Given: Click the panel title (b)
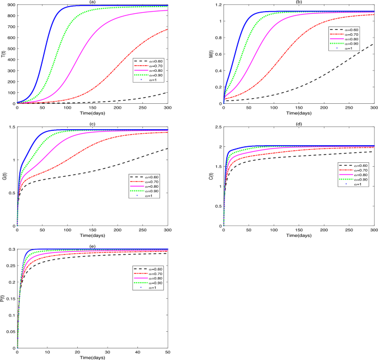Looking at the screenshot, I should [299, 2].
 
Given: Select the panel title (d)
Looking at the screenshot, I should [299, 124].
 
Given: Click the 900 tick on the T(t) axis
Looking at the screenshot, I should [10, 5].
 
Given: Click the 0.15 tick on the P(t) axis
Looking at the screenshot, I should [9, 299].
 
